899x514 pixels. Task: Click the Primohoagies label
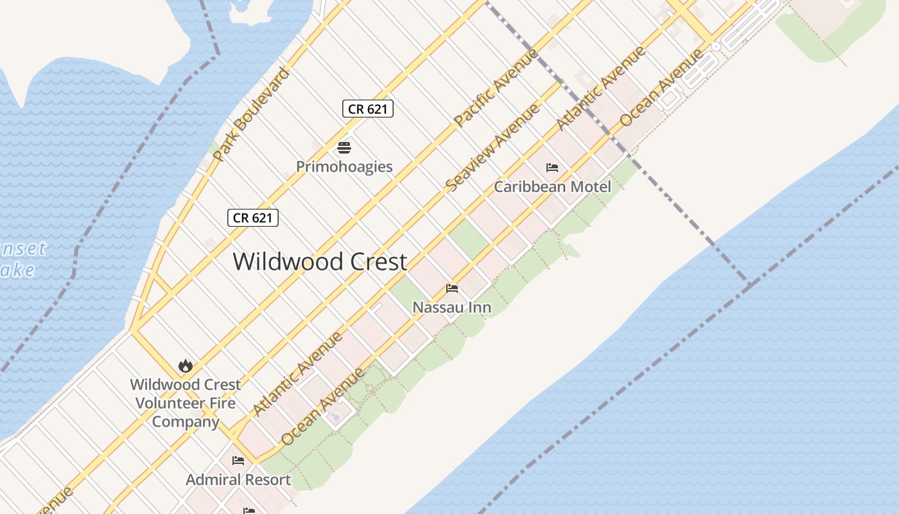point(344,166)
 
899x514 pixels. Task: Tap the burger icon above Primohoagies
point(344,148)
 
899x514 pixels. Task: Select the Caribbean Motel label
point(552,186)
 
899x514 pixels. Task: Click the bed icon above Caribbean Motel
point(552,168)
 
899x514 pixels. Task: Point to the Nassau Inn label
point(451,307)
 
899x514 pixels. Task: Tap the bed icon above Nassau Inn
point(452,288)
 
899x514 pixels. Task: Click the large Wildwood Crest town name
point(320,261)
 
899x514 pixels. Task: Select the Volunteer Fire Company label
point(186,403)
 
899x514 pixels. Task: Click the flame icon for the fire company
point(186,366)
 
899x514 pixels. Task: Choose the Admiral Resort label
point(238,479)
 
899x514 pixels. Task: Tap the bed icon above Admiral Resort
point(238,461)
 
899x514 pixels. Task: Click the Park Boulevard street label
point(251,114)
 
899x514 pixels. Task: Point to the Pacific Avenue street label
point(496,87)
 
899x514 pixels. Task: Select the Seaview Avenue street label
point(493,148)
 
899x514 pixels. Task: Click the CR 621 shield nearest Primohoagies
point(367,109)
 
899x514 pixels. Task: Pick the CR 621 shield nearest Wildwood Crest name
point(253,218)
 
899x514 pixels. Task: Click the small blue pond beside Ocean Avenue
point(335,417)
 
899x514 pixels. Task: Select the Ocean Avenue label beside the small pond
point(323,405)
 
